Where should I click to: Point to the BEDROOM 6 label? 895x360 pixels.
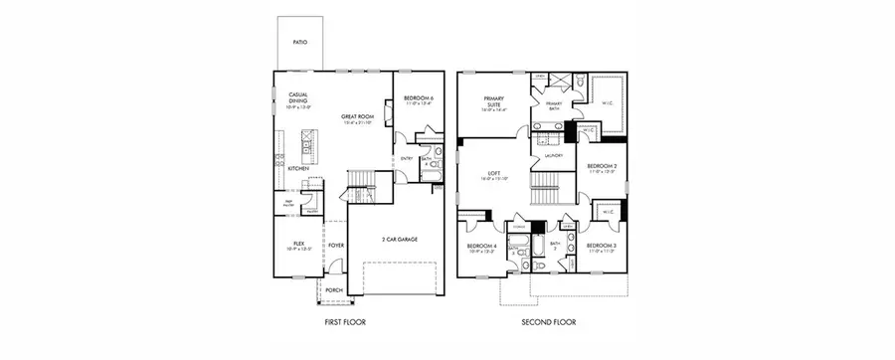tap(419, 97)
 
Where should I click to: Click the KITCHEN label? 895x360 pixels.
tap(298, 169)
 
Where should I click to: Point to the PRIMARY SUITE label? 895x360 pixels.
tap(493, 101)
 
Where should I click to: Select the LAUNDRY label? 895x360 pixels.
tap(554, 155)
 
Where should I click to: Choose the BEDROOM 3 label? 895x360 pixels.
tap(603, 245)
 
